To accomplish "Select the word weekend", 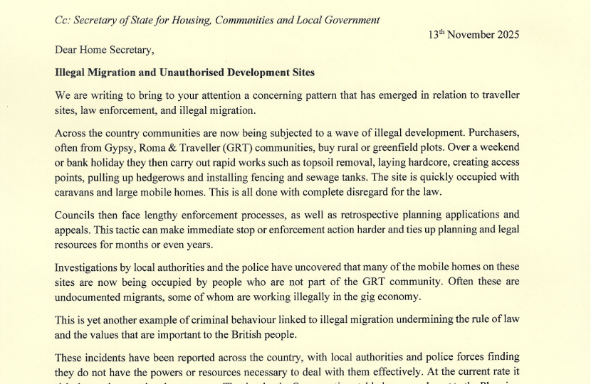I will point(498,146).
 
